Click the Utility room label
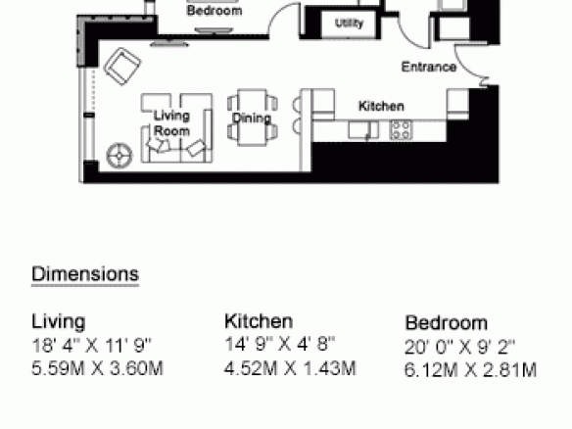click(x=349, y=24)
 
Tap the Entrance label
click(x=429, y=68)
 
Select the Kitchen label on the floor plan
click(x=381, y=106)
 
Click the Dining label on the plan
click(x=252, y=118)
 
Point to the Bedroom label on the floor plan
click(x=214, y=11)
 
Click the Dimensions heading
click(x=85, y=274)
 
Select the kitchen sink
click(x=363, y=130)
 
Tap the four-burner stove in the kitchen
click(x=401, y=130)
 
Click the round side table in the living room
click(x=119, y=156)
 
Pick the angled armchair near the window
click(x=122, y=67)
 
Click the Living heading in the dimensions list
click(x=59, y=321)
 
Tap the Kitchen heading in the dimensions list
click(x=259, y=321)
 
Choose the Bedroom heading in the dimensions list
click(x=447, y=323)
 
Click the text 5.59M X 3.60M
click(x=97, y=368)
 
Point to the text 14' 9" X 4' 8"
click(x=280, y=344)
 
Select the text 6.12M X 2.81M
click(x=470, y=370)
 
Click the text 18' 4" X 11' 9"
click(x=91, y=345)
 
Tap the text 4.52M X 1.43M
click(x=290, y=368)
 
